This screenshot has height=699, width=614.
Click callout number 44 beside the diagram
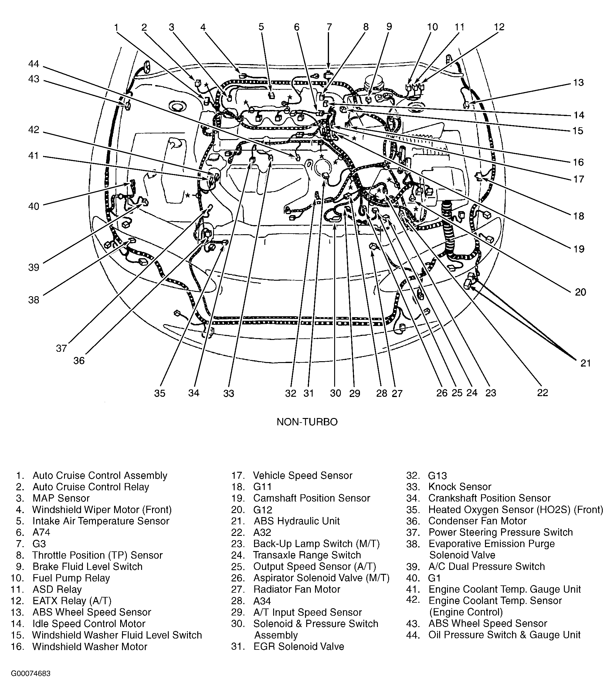click(x=33, y=64)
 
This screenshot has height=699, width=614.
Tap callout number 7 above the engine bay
click(x=329, y=27)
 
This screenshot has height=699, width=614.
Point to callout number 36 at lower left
click(x=79, y=361)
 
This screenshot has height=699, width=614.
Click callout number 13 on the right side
click(x=578, y=82)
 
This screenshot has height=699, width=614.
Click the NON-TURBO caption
click(x=307, y=422)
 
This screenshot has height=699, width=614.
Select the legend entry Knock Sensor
click(x=460, y=487)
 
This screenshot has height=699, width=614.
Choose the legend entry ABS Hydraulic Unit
click(x=296, y=521)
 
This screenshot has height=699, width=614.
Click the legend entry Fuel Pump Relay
click(x=71, y=578)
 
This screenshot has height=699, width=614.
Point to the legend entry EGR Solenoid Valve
click(x=299, y=646)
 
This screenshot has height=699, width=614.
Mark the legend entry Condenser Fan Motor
click(x=477, y=521)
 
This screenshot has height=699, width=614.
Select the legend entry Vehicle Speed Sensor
click(x=302, y=475)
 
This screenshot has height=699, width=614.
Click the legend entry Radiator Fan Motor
click(x=297, y=589)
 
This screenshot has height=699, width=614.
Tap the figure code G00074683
click(x=31, y=673)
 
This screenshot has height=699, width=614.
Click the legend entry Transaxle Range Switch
click(x=307, y=555)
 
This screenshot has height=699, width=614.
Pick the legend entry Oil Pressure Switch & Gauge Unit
click(x=504, y=635)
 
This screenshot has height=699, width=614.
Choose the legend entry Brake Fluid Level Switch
click(x=87, y=566)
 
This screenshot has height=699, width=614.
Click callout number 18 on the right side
click(x=578, y=216)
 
